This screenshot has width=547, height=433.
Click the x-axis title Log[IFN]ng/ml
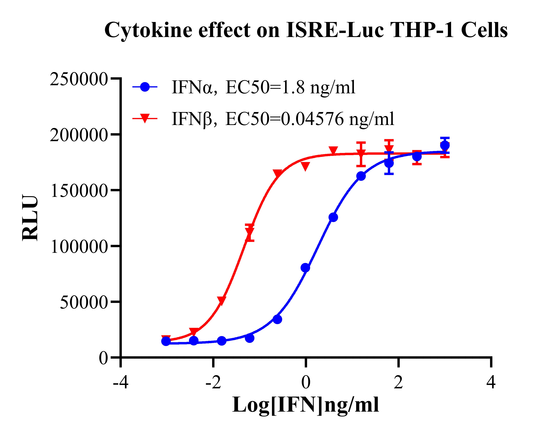pos(305,405)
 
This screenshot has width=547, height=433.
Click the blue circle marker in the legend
pos(145,87)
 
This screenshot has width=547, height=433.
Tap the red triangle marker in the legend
pos(145,118)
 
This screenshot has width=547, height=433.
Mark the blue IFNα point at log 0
pos(306,268)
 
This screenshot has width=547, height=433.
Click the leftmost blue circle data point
pos(166,341)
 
